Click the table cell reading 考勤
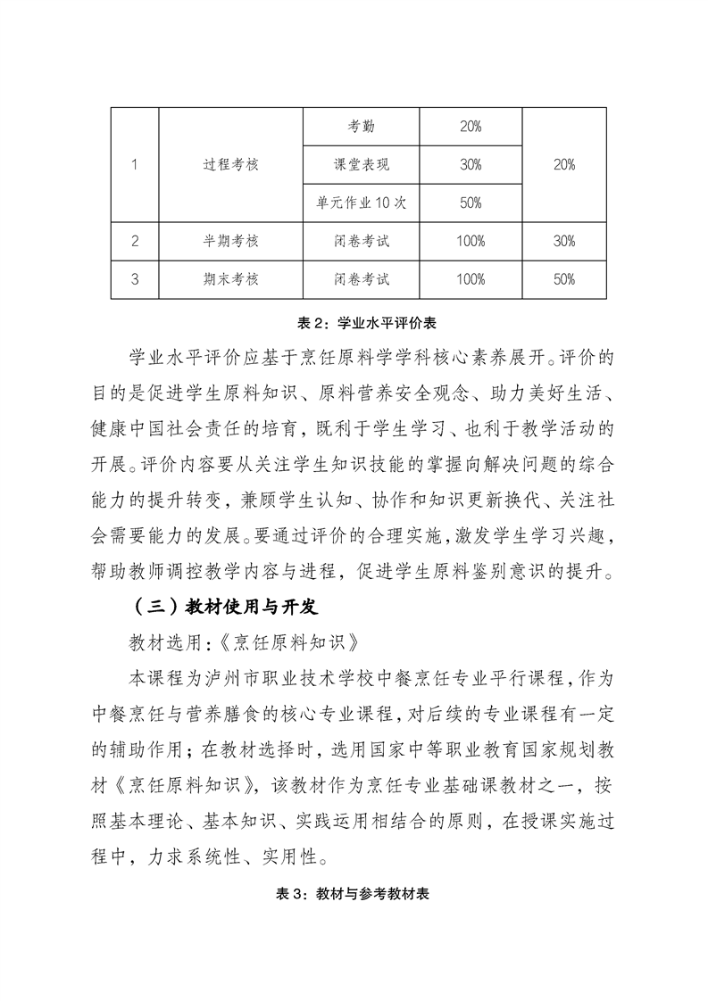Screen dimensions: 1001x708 coord(361,127)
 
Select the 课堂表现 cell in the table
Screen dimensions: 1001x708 coord(361,165)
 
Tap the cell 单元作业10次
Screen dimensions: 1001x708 coord(361,203)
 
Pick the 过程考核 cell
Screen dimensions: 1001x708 coord(230,165)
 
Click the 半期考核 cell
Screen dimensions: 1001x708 coord(230,241)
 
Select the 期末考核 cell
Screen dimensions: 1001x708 coord(230,279)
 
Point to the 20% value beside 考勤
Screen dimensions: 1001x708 coord(471,127)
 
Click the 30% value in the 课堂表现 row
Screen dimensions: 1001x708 coord(471,165)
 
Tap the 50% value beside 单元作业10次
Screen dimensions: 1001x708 coord(471,203)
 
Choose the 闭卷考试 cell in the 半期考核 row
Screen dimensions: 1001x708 coord(361,241)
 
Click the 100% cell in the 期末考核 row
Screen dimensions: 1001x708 coord(471,279)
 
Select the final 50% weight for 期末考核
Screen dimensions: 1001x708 coord(563,279)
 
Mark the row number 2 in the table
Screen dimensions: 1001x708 coord(135,241)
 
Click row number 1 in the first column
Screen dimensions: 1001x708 coord(135,165)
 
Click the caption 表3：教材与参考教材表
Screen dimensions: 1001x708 coord(354,894)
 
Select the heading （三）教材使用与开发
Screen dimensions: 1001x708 coord(219,608)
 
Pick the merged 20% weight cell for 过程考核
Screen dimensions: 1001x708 coord(563,165)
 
